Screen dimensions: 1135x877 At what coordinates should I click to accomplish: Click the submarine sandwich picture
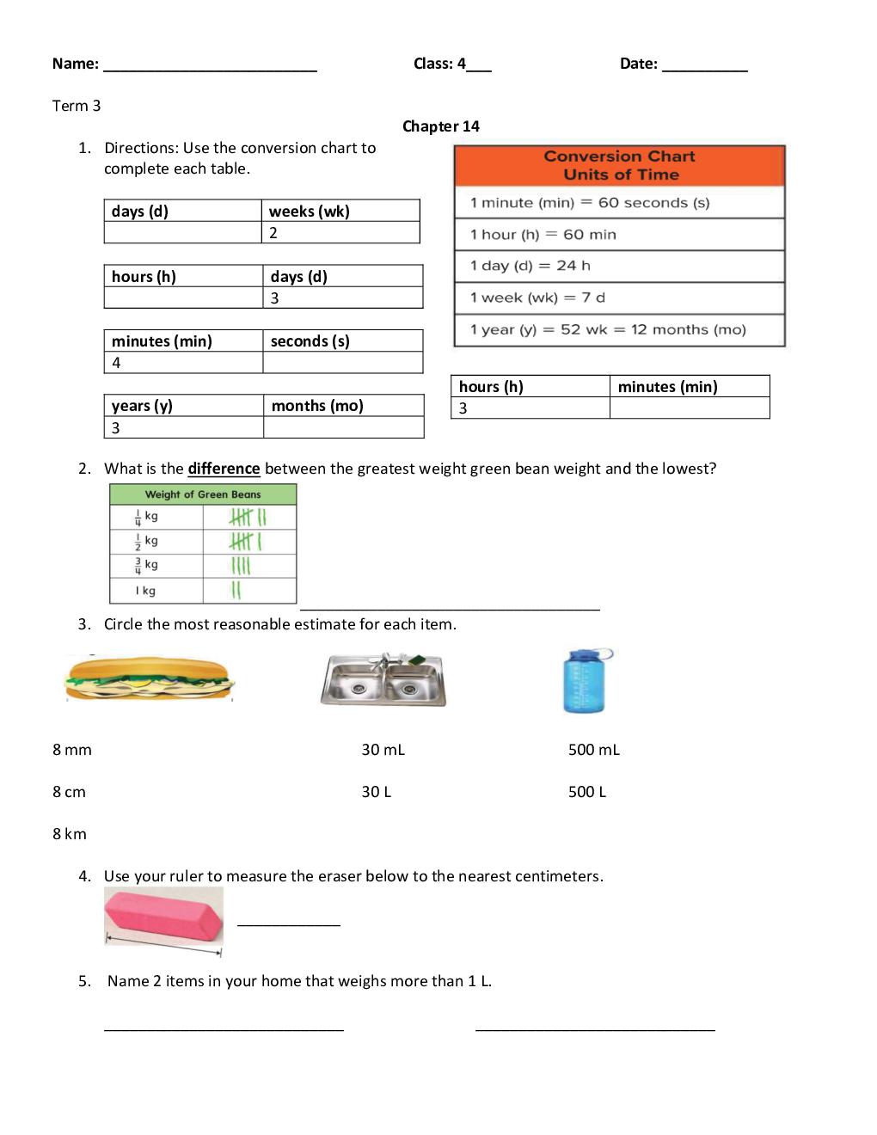[x=149, y=678]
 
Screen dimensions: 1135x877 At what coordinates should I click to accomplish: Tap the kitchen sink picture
[x=383, y=679]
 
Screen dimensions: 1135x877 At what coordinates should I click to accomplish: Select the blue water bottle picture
[x=585, y=681]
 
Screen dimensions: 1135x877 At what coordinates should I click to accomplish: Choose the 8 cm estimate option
[x=69, y=792]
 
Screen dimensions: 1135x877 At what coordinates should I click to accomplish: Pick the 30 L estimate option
[x=376, y=792]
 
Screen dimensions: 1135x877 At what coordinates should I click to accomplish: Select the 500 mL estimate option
[x=593, y=750]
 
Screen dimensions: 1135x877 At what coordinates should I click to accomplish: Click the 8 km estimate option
[x=69, y=834]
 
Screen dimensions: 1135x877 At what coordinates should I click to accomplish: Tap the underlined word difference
[x=224, y=469]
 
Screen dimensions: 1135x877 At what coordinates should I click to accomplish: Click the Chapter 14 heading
[x=440, y=126]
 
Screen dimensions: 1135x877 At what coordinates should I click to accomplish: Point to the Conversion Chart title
[x=620, y=165]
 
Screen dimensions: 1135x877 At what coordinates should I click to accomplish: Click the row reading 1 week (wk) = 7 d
[x=619, y=298]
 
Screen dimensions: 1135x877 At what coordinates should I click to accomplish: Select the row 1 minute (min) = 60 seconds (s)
[x=619, y=203]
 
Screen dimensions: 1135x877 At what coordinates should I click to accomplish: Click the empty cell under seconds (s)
[x=342, y=363]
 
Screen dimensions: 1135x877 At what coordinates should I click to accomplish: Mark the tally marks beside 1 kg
[x=236, y=591]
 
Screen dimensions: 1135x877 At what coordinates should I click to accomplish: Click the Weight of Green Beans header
[x=203, y=494]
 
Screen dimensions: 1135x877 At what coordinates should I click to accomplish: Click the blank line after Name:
[x=210, y=65]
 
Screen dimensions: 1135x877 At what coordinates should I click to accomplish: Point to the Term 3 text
[x=77, y=106]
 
